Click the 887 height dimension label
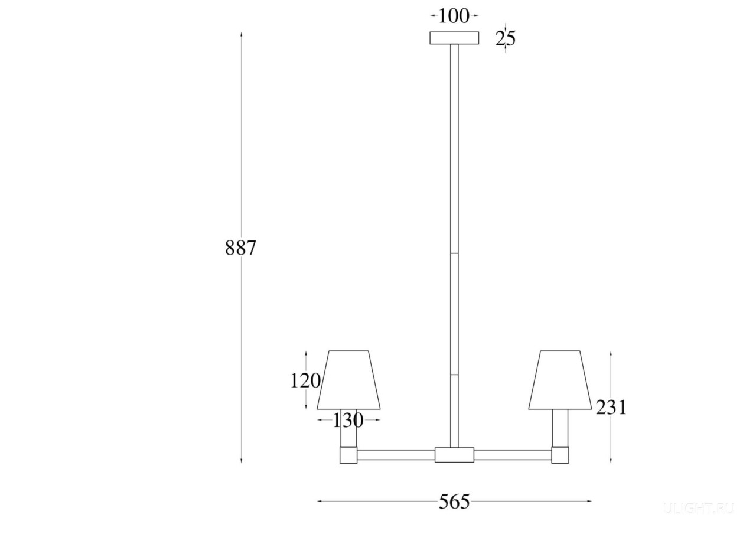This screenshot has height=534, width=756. click(x=240, y=248)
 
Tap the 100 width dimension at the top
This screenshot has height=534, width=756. click(x=454, y=16)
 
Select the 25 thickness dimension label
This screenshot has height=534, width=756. click(x=505, y=38)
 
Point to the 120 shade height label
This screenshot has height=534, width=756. click(x=305, y=381)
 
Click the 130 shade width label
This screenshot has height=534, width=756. click(x=348, y=420)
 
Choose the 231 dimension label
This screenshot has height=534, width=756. click(x=611, y=408)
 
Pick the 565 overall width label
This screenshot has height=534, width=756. click(x=454, y=502)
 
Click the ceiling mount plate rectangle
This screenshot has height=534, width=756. click(x=454, y=38)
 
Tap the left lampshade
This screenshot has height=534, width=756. click(x=348, y=380)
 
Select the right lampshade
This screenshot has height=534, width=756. click(x=561, y=380)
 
